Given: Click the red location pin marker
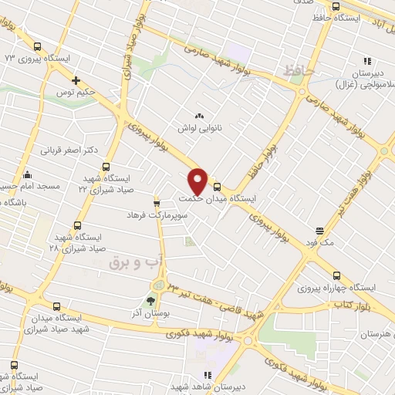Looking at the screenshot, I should pos(198,181).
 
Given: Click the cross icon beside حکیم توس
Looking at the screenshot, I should pos(76,80).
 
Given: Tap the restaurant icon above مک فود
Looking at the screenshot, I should pos(320,230).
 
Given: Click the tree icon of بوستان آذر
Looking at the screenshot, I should pos(150,302).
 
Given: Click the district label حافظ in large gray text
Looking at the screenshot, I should pos(299,70).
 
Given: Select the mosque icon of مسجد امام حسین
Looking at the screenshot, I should pos(28,174).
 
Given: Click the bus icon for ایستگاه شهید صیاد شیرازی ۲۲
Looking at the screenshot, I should pos(105,167).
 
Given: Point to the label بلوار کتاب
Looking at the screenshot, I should pos(348,306).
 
